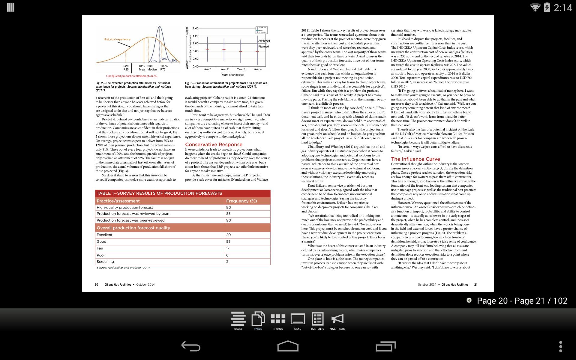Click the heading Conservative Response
pyautogui.click(x=214, y=145)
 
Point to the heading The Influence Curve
pyautogui.click(x=415, y=159)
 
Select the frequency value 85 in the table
pyautogui.click(x=228, y=214)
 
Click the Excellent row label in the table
pyautogui.click(x=104, y=235)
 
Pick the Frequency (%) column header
pyautogui.click(x=241, y=201)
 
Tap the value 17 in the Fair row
pyautogui.click(x=228, y=248)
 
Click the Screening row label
pyautogui.click(x=105, y=262)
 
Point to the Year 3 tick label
pyautogui.click(x=241, y=69)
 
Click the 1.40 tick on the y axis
pyautogui.click(x=195, y=28)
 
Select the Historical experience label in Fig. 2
pyautogui.click(x=117, y=39)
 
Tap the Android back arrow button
pyautogui.click(x=191, y=346)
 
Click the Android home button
pyautogui.click(x=288, y=346)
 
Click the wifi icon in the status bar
pyautogui.click(x=535, y=7)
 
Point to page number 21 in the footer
pyautogui.click(x=475, y=285)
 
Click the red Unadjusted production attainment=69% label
pyautogui.click(x=131, y=76)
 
